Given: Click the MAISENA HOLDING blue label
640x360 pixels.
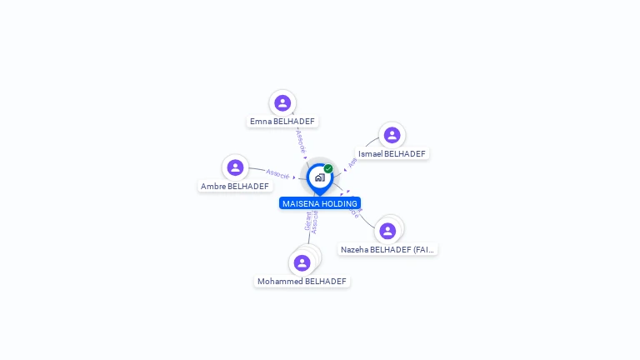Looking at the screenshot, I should [320, 203].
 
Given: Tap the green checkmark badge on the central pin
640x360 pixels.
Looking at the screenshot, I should [328, 169].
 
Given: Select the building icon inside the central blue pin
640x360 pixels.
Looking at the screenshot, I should [319, 177].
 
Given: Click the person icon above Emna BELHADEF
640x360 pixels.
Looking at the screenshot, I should [282, 102].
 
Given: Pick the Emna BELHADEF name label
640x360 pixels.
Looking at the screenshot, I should [282, 122].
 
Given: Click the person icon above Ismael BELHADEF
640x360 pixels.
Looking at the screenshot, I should [392, 135].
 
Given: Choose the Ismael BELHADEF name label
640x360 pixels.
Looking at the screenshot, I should [392, 154].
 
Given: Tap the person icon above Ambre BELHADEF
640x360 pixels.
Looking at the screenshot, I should [235, 167].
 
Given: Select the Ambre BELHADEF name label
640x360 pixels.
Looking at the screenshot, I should [235, 187].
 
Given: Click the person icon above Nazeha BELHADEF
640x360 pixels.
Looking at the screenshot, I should [387, 231].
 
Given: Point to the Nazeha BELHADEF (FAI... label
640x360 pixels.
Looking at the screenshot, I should [387, 249].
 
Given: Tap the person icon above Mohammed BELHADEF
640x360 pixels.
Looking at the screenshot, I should [302, 263].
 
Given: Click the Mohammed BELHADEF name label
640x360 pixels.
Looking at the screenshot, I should [302, 282].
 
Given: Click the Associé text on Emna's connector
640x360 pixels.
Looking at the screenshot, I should [301, 141].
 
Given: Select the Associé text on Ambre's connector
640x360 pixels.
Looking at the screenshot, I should [277, 173].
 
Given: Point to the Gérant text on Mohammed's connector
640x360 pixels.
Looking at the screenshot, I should [307, 222].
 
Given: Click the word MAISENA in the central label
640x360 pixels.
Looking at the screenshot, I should [297, 203].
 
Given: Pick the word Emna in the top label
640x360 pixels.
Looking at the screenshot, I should [260, 122].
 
